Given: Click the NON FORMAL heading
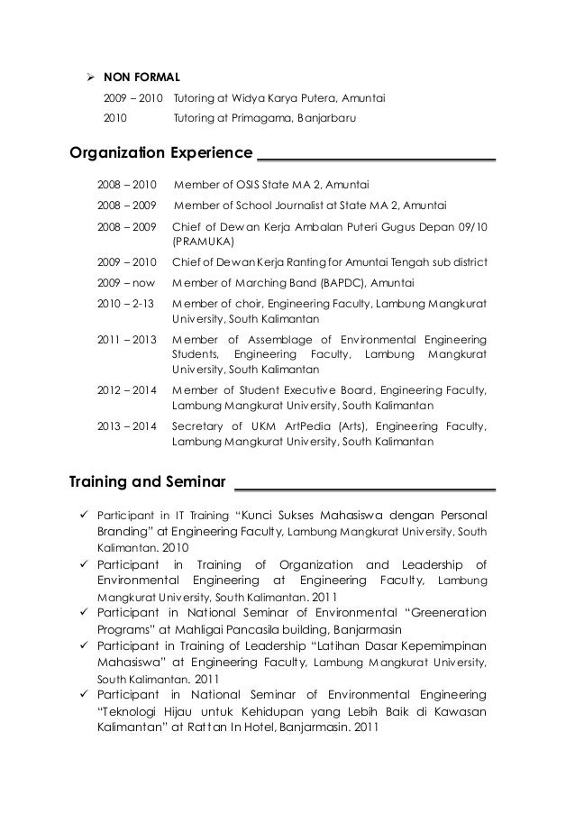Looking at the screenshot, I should pos(142,78).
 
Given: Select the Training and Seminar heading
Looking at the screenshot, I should pos(148,480).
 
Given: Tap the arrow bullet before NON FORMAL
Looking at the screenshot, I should pos(90,78).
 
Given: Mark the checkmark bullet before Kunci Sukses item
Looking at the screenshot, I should pos(81,515).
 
